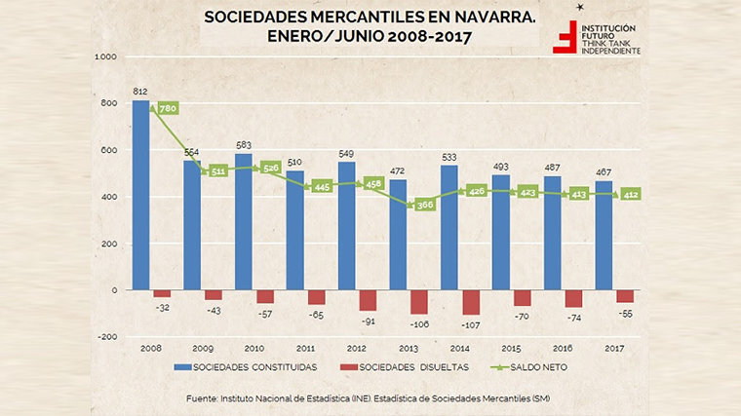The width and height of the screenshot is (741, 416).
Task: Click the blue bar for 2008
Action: (140, 195)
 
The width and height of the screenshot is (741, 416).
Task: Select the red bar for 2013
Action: (419, 302)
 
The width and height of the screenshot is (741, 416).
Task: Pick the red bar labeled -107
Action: (470, 302)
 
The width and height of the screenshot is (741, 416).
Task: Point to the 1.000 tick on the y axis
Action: (105, 57)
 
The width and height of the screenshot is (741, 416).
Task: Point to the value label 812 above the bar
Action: (139, 93)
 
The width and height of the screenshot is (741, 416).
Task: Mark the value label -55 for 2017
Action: (626, 312)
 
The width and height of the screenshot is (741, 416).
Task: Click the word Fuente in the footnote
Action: (204, 399)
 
